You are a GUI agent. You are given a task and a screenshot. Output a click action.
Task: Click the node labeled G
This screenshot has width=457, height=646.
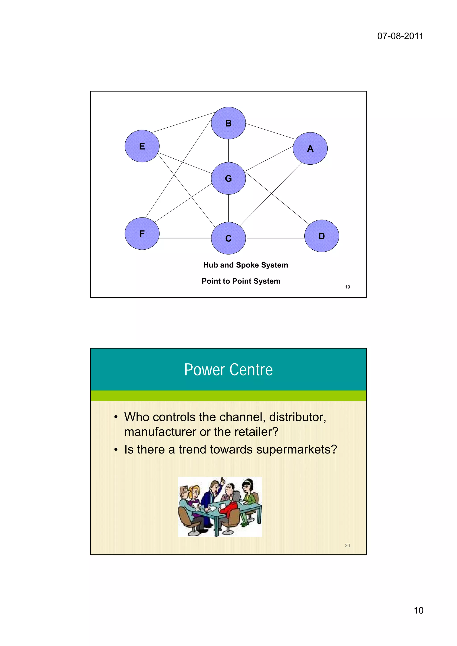228,178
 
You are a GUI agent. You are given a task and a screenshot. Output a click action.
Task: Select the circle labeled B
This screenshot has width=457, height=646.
228,123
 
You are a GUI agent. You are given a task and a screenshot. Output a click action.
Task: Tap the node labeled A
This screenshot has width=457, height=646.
310,148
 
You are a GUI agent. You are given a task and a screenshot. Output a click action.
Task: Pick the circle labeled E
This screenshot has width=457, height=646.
142,146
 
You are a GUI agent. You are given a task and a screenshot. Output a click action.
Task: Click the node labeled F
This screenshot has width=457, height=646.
142,234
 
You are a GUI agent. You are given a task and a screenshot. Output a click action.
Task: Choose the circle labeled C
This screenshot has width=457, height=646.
228,238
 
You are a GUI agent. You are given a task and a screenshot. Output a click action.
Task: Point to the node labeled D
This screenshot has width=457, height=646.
322,236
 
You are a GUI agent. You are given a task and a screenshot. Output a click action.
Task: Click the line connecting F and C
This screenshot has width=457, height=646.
185,238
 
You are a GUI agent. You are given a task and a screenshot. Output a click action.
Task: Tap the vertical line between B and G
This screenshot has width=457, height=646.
228,151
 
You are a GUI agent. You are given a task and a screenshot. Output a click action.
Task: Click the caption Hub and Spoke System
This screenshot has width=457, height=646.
245,265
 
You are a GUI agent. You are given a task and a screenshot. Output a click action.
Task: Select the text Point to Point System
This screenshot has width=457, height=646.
241,281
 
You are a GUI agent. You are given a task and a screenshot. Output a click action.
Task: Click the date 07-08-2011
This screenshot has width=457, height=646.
400,36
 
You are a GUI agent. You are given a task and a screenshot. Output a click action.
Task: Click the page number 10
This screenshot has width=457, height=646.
418,611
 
